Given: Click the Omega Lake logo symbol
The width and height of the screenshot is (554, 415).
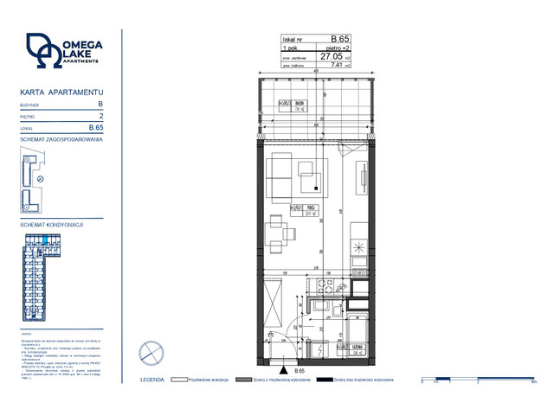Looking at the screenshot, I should [x=42, y=50].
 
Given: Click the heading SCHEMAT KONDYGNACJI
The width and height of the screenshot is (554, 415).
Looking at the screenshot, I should [x=51, y=224].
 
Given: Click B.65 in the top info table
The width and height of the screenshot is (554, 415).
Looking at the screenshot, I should [x=340, y=39].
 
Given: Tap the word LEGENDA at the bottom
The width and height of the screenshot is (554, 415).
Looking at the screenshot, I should [x=151, y=380].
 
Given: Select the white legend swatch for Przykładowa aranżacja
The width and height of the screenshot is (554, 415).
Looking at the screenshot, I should [x=180, y=380].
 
